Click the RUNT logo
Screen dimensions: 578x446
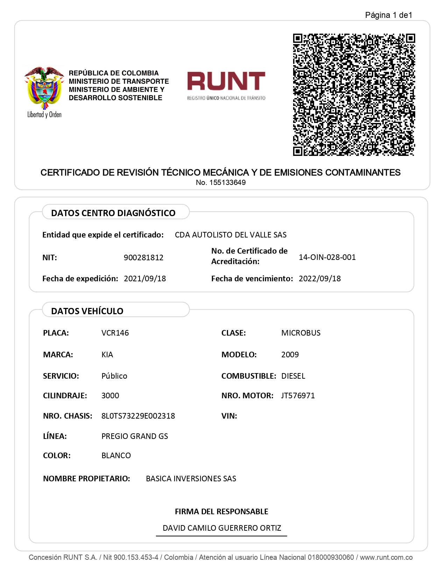[x=226, y=85]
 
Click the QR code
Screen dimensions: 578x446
[x=354, y=95]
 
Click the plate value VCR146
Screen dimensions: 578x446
[x=115, y=333]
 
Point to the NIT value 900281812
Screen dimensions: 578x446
[x=143, y=257]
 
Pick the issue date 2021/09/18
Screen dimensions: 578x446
[x=145, y=278]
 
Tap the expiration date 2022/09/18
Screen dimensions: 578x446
[x=320, y=278]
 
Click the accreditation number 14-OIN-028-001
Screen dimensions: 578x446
[x=327, y=257]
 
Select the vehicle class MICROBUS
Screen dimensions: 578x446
[x=301, y=333]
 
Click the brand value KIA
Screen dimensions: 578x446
[x=107, y=355]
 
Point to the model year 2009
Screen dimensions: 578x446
[x=290, y=355]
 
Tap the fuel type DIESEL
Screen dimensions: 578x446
[x=293, y=376]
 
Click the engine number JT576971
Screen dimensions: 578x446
[x=298, y=395]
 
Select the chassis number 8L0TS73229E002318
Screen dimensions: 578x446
[x=138, y=416]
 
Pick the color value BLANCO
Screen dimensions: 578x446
[x=116, y=455]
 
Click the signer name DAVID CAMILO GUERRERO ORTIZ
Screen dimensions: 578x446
[x=222, y=528]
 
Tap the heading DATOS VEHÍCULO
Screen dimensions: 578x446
[x=87, y=311]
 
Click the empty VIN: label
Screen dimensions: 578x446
[x=229, y=416]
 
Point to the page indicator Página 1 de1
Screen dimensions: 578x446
[x=389, y=15]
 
